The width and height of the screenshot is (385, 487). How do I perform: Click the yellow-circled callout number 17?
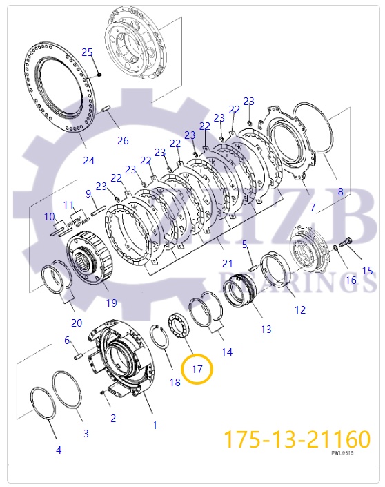[197, 369]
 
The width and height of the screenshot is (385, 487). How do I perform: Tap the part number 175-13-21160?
[296, 439]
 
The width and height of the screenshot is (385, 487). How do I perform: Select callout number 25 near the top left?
[87, 52]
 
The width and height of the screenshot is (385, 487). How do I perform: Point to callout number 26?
[122, 141]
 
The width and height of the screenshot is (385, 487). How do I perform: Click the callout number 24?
[89, 162]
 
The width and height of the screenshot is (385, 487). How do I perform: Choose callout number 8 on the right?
[339, 192]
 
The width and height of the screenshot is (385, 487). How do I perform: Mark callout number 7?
[312, 207]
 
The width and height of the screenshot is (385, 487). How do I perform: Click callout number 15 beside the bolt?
[367, 271]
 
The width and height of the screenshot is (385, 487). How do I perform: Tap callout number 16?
[351, 280]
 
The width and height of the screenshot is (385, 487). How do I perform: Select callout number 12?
[299, 310]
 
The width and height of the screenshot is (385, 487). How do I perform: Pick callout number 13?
[266, 330]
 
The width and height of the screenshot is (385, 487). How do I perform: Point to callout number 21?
[227, 264]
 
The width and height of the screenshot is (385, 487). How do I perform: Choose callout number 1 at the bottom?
[155, 426]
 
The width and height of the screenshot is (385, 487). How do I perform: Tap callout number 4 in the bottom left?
[59, 450]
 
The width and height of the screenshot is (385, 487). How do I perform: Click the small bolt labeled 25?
[100, 74]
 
